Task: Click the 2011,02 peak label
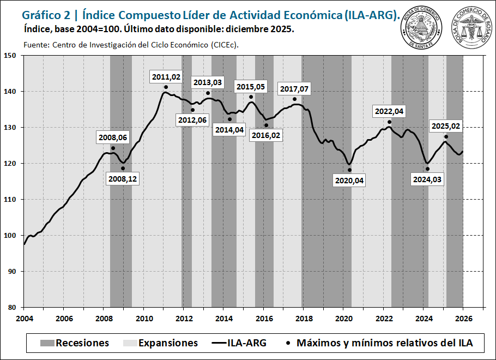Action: click(166, 77)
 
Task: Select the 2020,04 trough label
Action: click(349, 180)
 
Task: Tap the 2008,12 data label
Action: click(123, 178)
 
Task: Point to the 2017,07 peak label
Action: click(294, 88)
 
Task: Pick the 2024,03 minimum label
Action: click(427, 179)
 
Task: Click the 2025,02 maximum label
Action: click(446, 126)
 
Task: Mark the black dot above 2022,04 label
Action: click(390, 122)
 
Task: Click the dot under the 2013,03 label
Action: click(208, 93)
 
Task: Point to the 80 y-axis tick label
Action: click(12, 307)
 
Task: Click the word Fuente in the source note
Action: click(36, 45)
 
